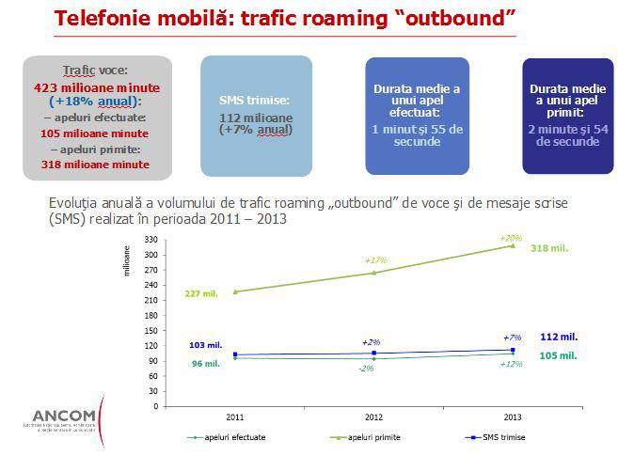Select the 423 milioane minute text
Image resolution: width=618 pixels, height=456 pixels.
point(96,88)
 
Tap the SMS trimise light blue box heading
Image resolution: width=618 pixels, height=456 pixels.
point(255,99)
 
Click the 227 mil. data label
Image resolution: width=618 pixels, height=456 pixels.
point(202,293)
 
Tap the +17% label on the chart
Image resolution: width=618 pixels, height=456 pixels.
point(375,259)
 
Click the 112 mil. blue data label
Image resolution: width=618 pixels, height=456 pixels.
point(559,336)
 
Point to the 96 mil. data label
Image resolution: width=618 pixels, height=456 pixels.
point(205,363)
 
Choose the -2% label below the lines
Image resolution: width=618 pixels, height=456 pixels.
point(366,368)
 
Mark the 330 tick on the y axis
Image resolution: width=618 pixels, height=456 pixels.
point(151,240)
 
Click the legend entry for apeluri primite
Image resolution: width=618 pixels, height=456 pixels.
point(370,436)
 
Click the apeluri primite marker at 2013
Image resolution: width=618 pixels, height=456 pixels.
point(512,246)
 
